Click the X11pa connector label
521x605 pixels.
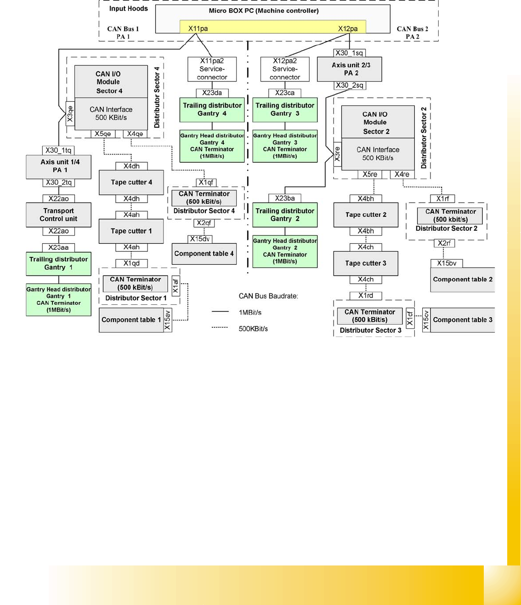pyautogui.click(x=198, y=29)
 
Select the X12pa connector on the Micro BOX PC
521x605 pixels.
pyautogui.click(x=348, y=29)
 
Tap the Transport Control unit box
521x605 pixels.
pyautogui.click(x=58, y=215)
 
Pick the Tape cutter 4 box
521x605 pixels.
pyautogui.click(x=131, y=182)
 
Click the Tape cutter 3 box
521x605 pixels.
pyautogui.click(x=366, y=263)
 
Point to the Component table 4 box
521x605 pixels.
pyautogui.click(x=204, y=254)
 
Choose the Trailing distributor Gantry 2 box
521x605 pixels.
pyautogui.click(x=285, y=215)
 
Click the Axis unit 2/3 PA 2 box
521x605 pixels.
pyautogui.click(x=351, y=69)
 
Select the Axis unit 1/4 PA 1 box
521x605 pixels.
pyautogui.click(x=60, y=166)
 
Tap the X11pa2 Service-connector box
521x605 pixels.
pyautogui.click(x=212, y=69)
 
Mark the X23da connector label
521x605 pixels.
pyautogui.click(x=212, y=93)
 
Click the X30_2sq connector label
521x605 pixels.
pyautogui.click(x=349, y=86)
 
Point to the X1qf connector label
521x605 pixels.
pyautogui.click(x=206, y=183)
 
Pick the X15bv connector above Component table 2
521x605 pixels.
pyautogui.click(x=447, y=263)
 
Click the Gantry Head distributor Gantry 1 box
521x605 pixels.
pyautogui.click(x=58, y=299)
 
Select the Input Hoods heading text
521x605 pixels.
pyautogui.click(x=128, y=9)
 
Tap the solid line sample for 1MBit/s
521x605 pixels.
pyautogui.click(x=220, y=312)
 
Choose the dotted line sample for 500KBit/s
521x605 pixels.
pyautogui.click(x=220, y=328)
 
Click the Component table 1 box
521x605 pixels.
pyautogui.click(x=131, y=320)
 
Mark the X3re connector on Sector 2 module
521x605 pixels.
pyautogui.click(x=337, y=154)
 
